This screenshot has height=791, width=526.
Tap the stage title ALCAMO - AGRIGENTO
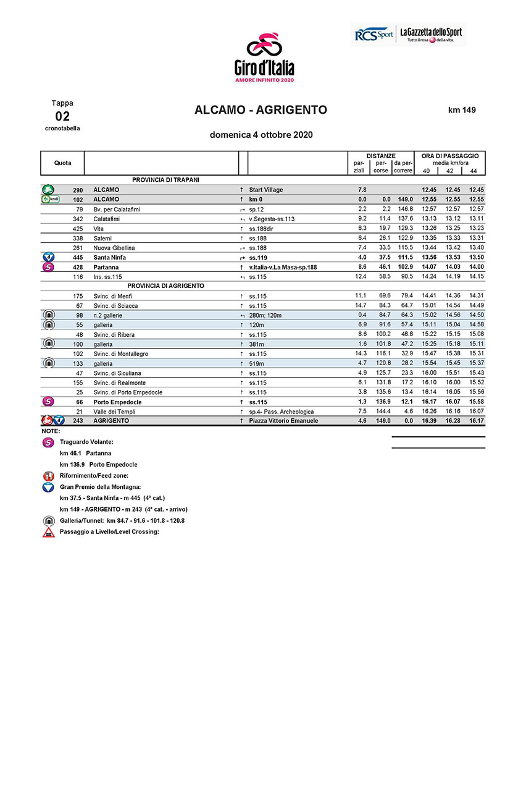[261, 110]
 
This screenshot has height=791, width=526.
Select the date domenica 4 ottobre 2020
[261, 135]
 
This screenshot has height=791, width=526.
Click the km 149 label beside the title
[462, 110]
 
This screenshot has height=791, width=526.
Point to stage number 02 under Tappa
[62, 116]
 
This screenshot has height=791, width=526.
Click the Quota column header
[62, 163]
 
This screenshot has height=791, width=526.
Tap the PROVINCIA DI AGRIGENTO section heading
[166, 286]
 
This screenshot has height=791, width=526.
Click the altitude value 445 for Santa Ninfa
[77, 257]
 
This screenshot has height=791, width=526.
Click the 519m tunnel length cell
[256, 363]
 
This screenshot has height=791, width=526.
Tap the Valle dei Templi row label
[114, 412]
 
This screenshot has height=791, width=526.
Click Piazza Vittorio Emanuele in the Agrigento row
[283, 421]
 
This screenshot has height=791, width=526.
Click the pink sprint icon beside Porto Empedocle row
[48, 402]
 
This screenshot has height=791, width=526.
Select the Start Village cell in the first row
[265, 190]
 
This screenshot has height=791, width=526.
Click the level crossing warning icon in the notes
[49, 532]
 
